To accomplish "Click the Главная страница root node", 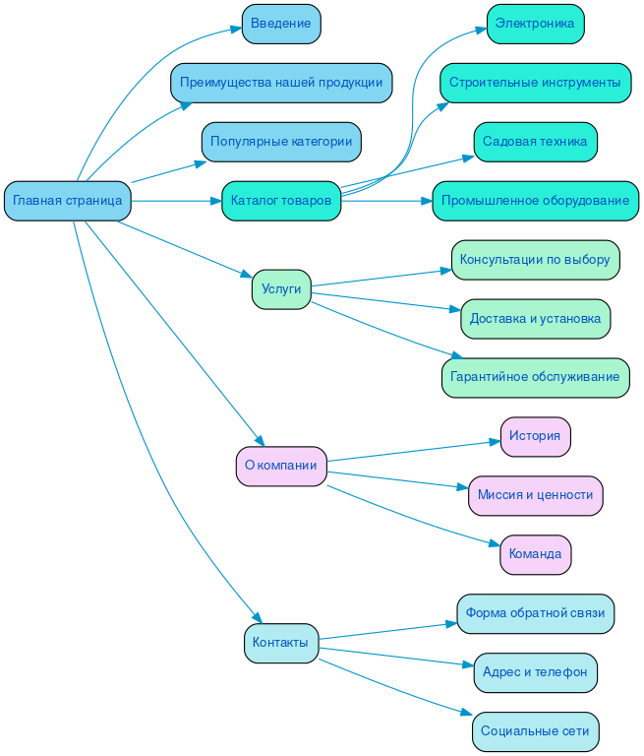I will click(x=68, y=201).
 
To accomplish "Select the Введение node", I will click(x=281, y=24).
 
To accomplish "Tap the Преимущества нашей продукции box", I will click(x=281, y=83).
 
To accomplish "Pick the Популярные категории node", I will click(x=281, y=142).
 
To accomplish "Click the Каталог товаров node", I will click(x=281, y=201).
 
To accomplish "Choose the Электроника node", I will click(x=535, y=24).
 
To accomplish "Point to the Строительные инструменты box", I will click(x=535, y=83).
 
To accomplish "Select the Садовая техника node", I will click(x=535, y=142).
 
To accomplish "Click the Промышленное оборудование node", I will click(x=535, y=201).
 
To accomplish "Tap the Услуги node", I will click(x=281, y=289).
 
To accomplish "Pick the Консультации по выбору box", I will click(x=535, y=260).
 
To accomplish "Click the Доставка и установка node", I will click(x=535, y=319).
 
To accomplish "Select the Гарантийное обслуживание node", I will click(x=535, y=377).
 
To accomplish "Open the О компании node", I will click(x=281, y=466).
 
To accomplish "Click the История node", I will click(x=535, y=436).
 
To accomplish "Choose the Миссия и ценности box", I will click(x=535, y=495).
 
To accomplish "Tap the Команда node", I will click(x=535, y=554).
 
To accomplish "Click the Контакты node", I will click(x=281, y=643).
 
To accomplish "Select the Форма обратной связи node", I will click(x=535, y=613).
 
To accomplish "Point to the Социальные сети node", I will click(x=535, y=731).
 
